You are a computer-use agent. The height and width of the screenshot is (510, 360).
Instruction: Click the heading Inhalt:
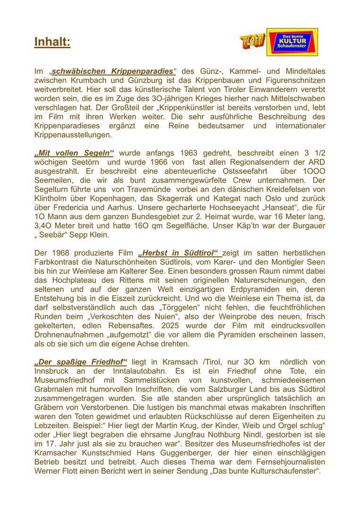click(52, 42)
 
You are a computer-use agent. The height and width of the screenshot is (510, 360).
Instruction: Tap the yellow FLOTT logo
click(252, 42)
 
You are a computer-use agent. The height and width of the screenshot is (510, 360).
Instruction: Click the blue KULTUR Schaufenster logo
click(292, 42)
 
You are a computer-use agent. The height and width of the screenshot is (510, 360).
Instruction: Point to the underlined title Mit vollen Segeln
click(75, 153)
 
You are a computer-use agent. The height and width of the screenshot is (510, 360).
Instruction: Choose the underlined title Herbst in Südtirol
click(179, 253)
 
